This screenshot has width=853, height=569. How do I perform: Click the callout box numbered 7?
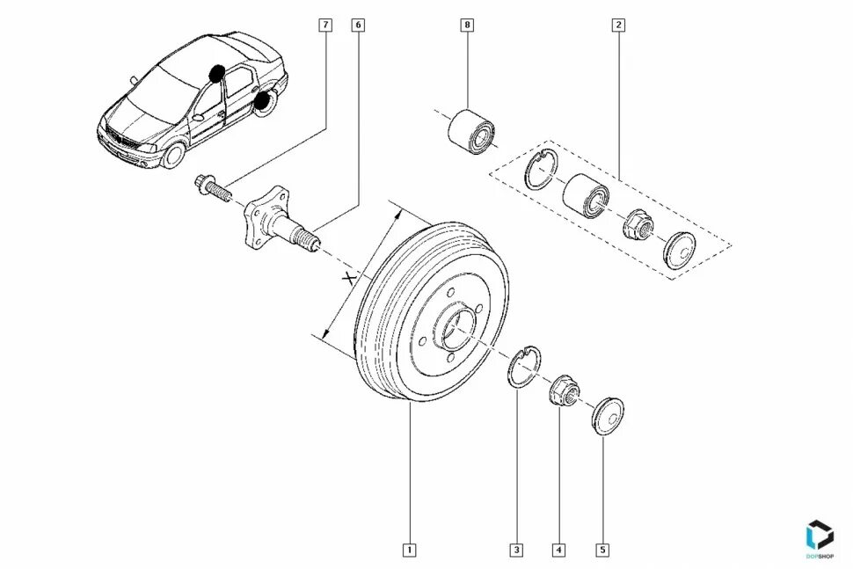(326, 25)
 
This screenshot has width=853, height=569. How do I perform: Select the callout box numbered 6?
(358, 25)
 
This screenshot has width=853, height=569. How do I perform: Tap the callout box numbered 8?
(467, 25)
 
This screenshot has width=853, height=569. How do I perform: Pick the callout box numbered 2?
(618, 25)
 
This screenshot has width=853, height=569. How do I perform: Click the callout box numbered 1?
(409, 551)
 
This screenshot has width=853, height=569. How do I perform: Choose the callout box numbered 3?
(517, 551)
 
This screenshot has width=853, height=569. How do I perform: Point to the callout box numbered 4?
(559, 551)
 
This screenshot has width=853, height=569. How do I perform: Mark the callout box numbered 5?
(602, 551)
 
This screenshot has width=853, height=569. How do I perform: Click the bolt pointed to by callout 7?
(211, 186)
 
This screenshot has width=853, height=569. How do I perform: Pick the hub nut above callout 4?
(563, 390)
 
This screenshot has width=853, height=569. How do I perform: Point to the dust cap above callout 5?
(607, 414)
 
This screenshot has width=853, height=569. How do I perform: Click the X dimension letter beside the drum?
(350, 279)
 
